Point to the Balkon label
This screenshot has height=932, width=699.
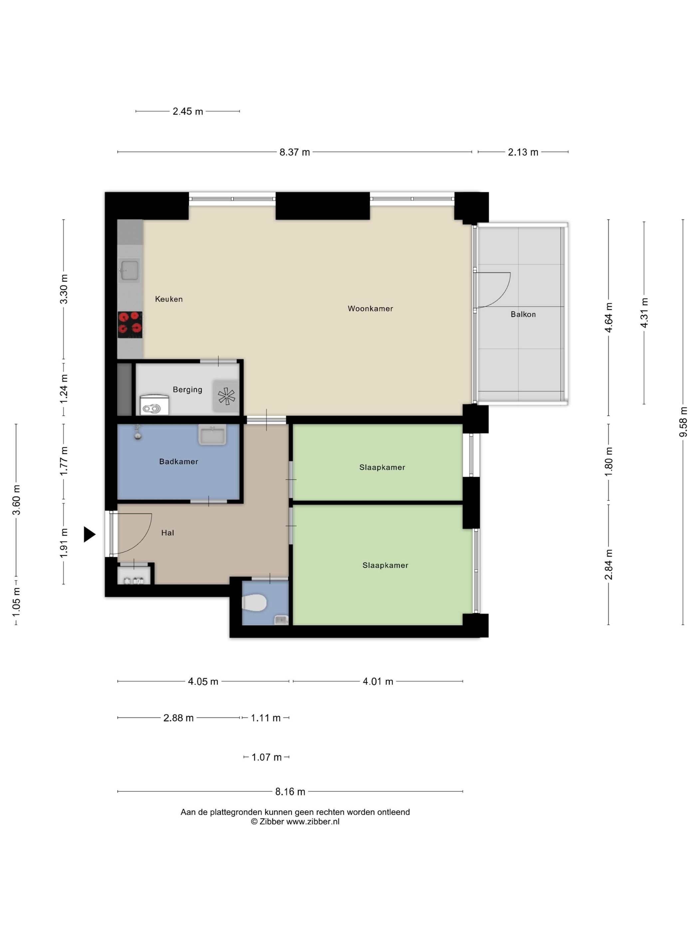point(523,314)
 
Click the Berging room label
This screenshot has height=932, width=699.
point(187,390)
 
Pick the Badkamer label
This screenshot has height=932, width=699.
point(179,461)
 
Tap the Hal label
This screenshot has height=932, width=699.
point(167,533)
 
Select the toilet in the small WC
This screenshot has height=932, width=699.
point(255,602)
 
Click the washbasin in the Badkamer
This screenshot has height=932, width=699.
point(212,434)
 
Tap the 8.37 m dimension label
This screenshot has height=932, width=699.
point(295,152)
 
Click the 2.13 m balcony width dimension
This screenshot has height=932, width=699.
point(523,152)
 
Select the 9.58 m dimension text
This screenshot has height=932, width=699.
point(683,422)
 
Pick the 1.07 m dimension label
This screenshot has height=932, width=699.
point(266,757)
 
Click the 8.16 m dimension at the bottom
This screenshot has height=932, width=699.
point(290,792)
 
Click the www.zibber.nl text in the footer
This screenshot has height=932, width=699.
point(313,821)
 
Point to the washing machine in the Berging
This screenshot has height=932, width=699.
point(154,404)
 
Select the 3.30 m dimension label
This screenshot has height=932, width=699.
point(64,289)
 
